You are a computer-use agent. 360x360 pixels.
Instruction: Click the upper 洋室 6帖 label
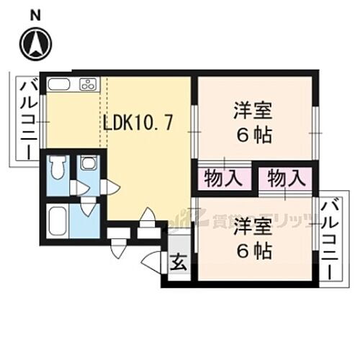click(252, 122)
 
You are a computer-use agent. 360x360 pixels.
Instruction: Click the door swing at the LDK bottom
click(148, 216)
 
